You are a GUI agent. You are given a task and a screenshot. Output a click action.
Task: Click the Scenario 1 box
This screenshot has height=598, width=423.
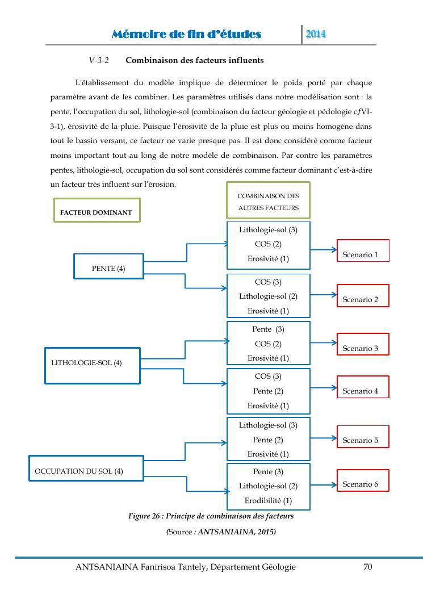tap(363, 250)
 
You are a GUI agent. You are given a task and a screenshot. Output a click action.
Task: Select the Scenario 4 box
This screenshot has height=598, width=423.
tap(363, 387)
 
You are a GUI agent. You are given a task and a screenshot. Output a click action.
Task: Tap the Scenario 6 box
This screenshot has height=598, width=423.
tap(363, 480)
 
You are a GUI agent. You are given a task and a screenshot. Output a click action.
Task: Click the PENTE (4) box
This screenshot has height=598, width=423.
tap(108, 265)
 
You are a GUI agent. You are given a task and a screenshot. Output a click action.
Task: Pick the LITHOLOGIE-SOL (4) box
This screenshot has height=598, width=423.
tap(92, 365)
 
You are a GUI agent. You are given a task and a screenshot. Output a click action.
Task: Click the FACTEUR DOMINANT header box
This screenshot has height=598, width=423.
tap(96, 210)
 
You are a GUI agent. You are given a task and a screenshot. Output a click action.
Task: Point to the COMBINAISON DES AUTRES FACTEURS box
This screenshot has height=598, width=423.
tap(268, 200)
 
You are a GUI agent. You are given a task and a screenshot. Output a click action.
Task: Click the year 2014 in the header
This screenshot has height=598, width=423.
tap(316, 35)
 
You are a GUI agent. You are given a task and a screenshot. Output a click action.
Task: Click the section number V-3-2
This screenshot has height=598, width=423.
tap(99, 60)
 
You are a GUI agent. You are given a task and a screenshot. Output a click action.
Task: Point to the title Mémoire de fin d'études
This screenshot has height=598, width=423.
tap(187, 35)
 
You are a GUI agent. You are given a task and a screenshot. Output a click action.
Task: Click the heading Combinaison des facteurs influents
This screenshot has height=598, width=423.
tap(194, 60)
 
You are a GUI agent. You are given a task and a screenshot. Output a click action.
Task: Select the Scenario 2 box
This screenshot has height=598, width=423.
tap(363, 296)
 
